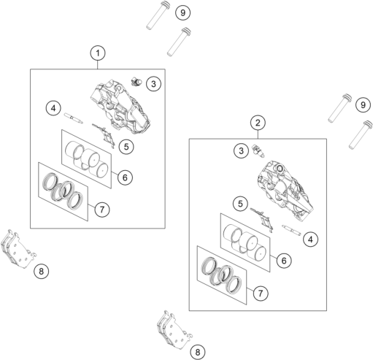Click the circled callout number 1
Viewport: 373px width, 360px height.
click(x=98, y=53)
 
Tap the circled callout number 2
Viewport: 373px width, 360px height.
click(x=258, y=123)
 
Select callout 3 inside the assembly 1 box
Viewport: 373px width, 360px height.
click(x=153, y=84)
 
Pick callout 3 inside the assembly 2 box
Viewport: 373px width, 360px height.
click(x=241, y=151)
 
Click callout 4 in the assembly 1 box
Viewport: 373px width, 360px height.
click(x=53, y=108)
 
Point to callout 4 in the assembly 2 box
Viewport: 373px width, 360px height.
click(x=310, y=240)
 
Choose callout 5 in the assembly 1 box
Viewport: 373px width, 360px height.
click(x=126, y=147)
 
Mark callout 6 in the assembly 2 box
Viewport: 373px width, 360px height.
click(x=284, y=261)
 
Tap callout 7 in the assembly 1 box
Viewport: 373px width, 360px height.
click(x=102, y=210)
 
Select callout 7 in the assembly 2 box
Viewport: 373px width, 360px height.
click(x=261, y=293)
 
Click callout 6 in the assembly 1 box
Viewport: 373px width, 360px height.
click(x=125, y=177)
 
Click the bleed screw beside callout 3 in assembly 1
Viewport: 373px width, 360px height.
click(x=136, y=81)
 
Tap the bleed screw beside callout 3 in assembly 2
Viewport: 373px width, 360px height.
click(x=258, y=151)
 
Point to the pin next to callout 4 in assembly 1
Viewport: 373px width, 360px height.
click(x=74, y=118)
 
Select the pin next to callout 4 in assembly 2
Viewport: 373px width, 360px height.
click(x=291, y=230)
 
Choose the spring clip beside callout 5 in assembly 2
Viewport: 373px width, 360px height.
click(x=263, y=220)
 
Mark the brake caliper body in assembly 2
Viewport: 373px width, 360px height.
click(x=285, y=188)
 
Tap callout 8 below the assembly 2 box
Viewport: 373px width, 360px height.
click(x=198, y=352)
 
